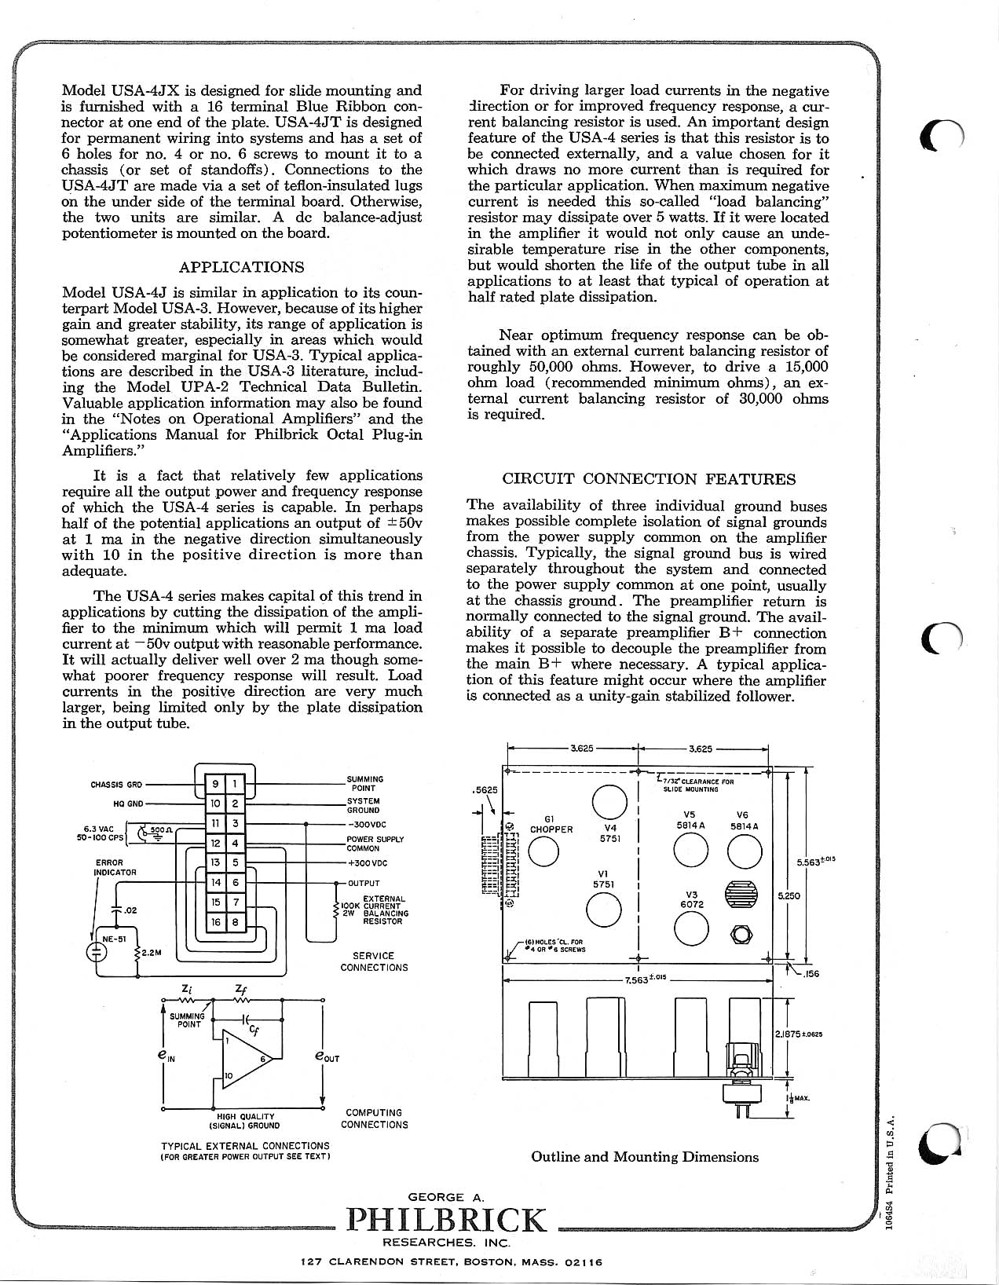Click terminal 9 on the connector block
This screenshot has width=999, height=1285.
pyautogui.click(x=215, y=783)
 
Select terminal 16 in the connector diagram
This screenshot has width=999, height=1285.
pyautogui.click(x=215, y=922)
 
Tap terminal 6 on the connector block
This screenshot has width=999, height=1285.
pyautogui.click(x=235, y=883)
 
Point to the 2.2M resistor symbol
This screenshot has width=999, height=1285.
pyautogui.click(x=137, y=954)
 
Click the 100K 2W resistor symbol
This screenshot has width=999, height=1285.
pyautogui.click(x=337, y=910)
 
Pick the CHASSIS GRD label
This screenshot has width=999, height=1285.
pyautogui.click(x=117, y=785)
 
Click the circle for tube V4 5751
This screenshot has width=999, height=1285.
pyautogui.click(x=609, y=802)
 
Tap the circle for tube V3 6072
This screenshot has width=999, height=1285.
pyautogui.click(x=692, y=931)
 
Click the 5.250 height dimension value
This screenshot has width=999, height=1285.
pyautogui.click(x=788, y=895)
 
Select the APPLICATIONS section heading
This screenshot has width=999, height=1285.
pyautogui.click(x=241, y=267)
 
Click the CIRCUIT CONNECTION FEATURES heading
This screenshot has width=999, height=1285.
pyautogui.click(x=649, y=479)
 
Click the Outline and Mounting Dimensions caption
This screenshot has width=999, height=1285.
pyautogui.click(x=645, y=1157)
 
